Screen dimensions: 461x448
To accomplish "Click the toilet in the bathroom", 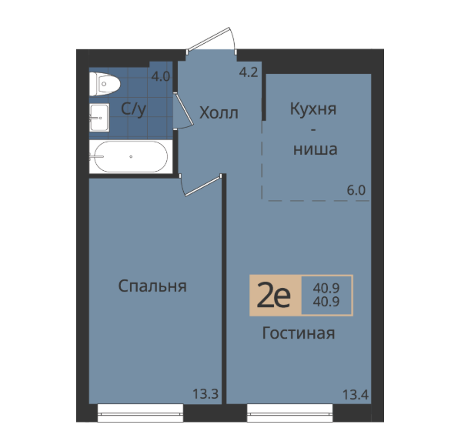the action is [x=105, y=84].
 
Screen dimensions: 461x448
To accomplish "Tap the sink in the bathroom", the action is [x=99, y=118].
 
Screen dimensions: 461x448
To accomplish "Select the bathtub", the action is [x=131, y=156].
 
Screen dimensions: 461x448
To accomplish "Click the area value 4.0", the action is [x=161, y=76].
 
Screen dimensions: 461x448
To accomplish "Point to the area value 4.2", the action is [x=249, y=72].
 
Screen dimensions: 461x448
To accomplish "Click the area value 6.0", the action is [x=356, y=190].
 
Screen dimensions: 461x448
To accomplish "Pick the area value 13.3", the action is [x=205, y=393].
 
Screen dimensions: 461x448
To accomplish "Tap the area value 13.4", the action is [x=356, y=394].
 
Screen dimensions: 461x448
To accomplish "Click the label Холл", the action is [x=219, y=112].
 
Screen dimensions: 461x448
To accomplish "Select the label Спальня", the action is [x=152, y=286].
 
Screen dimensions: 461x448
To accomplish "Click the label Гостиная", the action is [x=299, y=333].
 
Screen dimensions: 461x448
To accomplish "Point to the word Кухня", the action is [x=313, y=109].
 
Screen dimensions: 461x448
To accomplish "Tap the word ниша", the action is [x=316, y=149].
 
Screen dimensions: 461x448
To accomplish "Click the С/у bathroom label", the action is [x=133, y=109].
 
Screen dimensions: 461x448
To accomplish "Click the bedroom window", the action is [x=140, y=413].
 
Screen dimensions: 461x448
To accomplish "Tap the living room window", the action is [x=290, y=413].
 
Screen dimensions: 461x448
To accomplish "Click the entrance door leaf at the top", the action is [x=209, y=38].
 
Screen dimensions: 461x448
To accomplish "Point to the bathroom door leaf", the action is [x=183, y=109].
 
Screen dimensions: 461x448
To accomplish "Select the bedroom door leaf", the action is [x=203, y=186].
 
